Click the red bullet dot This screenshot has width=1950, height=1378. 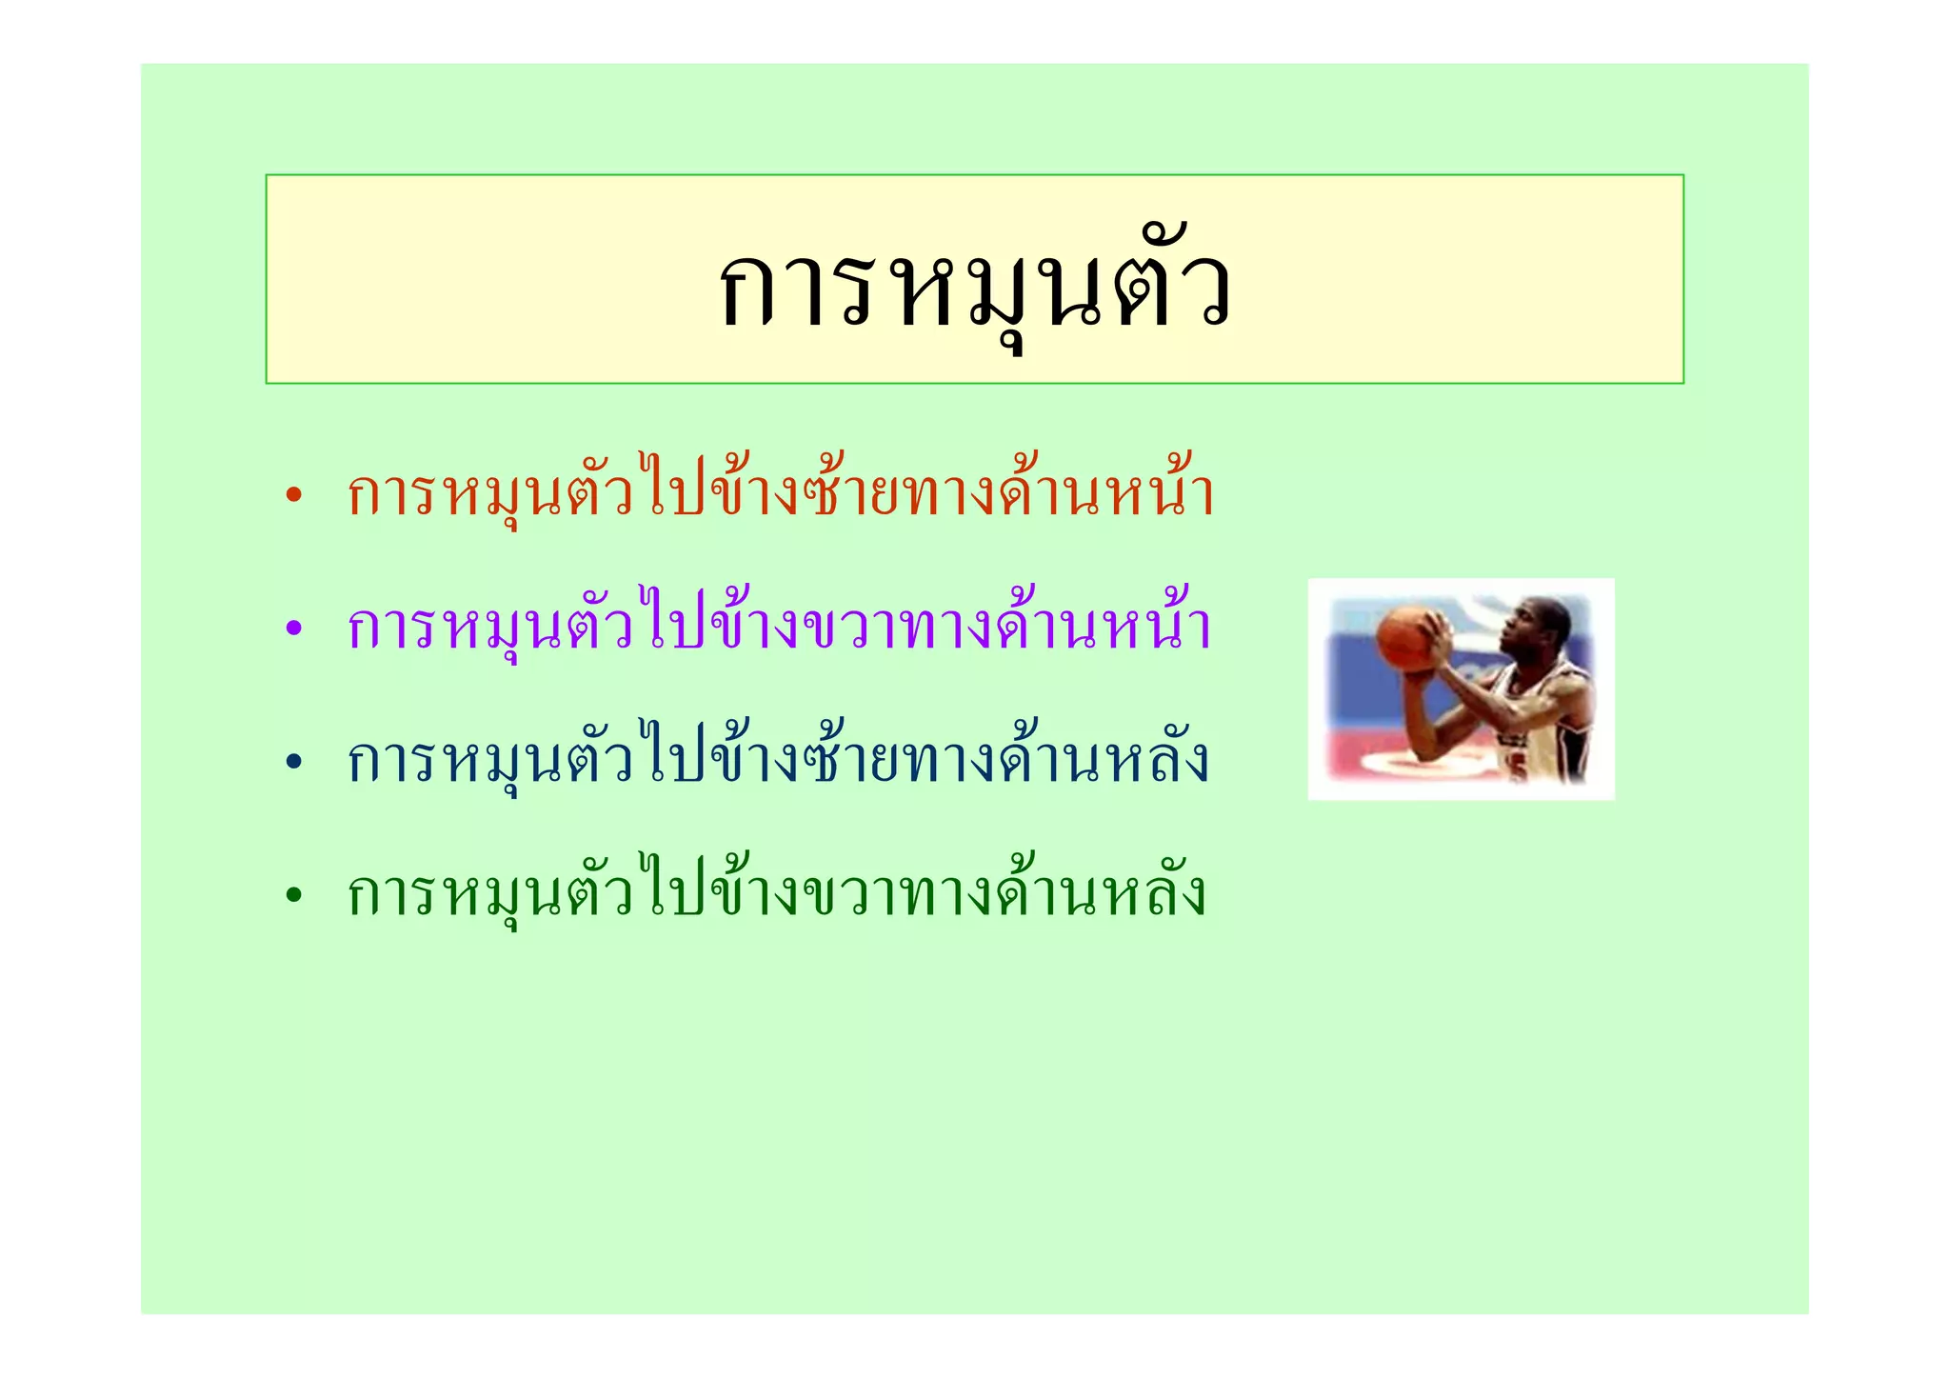click(293, 495)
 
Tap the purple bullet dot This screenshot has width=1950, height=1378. click(293, 629)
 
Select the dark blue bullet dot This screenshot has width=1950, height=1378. click(293, 762)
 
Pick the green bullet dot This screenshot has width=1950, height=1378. click(293, 895)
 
